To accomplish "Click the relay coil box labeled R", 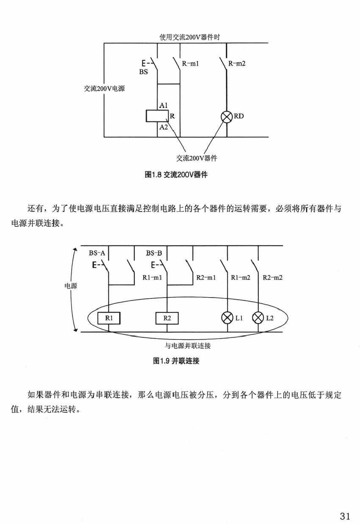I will [157, 116].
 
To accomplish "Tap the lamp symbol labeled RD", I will [227, 116].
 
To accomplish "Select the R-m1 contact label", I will [191, 63].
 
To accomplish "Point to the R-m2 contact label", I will [237, 63].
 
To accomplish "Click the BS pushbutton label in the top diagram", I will [144, 72].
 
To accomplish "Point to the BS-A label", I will [97, 253].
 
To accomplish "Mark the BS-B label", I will [154, 253].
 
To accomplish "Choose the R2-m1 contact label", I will [207, 278].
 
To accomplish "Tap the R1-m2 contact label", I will [241, 278].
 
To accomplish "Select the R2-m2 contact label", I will [272, 278].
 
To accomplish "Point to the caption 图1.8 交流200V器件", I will [176, 174].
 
